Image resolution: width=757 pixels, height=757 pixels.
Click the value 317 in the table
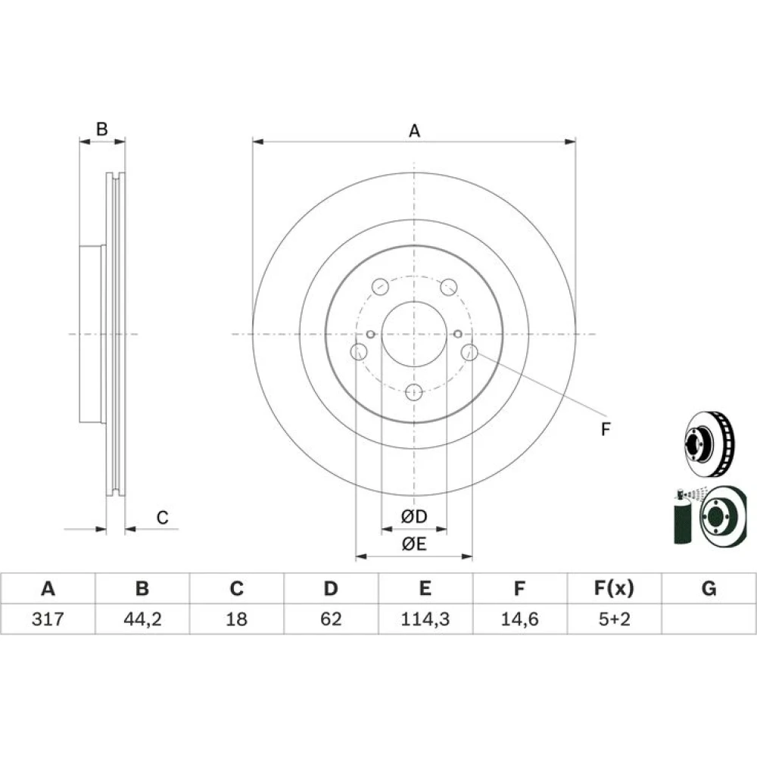47,618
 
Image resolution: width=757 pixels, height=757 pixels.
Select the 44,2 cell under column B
142,618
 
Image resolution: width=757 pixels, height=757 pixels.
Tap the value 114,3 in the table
425,618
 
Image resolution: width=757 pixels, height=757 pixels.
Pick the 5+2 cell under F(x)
614,618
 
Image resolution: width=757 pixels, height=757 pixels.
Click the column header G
709,588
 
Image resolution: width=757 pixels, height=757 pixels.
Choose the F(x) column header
614,588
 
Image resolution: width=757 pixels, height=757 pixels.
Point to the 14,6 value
519,618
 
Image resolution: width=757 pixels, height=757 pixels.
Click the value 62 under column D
331,618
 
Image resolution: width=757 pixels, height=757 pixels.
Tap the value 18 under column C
236,618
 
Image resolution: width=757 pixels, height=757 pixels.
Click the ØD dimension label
414,516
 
